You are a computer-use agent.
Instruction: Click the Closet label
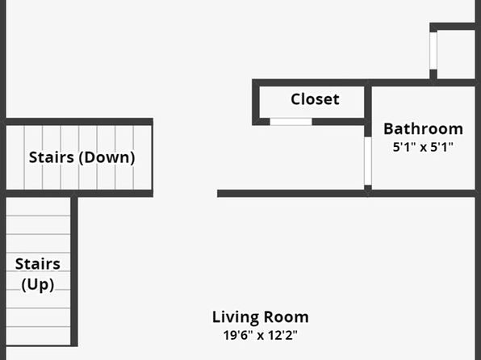click(x=315, y=99)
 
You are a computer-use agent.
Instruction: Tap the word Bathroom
click(x=424, y=128)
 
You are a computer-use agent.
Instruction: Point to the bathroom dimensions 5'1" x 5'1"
click(x=423, y=147)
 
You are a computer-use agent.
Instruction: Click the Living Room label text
click(x=261, y=317)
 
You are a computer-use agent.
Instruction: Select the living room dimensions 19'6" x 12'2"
click(x=261, y=335)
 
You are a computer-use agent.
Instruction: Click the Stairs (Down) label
click(x=82, y=157)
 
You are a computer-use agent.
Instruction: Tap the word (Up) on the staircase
click(x=38, y=285)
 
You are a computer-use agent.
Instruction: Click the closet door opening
click(x=291, y=122)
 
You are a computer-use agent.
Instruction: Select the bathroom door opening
click(x=368, y=161)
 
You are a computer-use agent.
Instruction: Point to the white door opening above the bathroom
click(x=433, y=51)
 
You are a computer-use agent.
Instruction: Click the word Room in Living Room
click(x=287, y=317)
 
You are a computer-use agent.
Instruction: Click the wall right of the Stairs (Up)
click(x=74, y=271)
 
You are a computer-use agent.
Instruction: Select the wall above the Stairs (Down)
click(x=79, y=122)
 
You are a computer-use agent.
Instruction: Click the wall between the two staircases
click(x=79, y=194)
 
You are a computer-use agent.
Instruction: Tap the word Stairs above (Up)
click(x=38, y=264)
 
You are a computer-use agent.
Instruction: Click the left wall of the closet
click(x=256, y=103)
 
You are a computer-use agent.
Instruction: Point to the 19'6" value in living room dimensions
click(x=236, y=335)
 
